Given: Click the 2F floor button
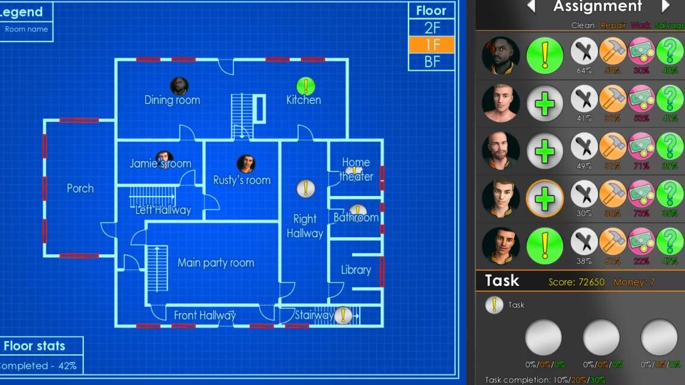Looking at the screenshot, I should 432,27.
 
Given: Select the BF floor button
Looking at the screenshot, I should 432,61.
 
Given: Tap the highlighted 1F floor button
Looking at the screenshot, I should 432,45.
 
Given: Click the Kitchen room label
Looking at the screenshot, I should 303,100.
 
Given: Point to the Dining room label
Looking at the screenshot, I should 172,100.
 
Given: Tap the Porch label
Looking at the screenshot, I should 80,188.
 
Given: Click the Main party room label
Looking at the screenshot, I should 216,263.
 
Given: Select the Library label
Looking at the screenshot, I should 356,270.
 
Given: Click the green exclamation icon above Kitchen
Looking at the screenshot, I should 306,86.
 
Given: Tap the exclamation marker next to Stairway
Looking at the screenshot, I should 343,315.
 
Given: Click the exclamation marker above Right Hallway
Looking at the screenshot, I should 306,189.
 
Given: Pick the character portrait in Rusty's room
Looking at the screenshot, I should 246,163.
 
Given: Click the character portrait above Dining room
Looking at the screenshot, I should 179,86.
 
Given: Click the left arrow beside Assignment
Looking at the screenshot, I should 531,7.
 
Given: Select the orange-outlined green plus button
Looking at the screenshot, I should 545,198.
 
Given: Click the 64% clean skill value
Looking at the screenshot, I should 584,70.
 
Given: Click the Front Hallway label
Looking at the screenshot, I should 205,315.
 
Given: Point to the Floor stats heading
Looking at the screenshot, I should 34,346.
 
